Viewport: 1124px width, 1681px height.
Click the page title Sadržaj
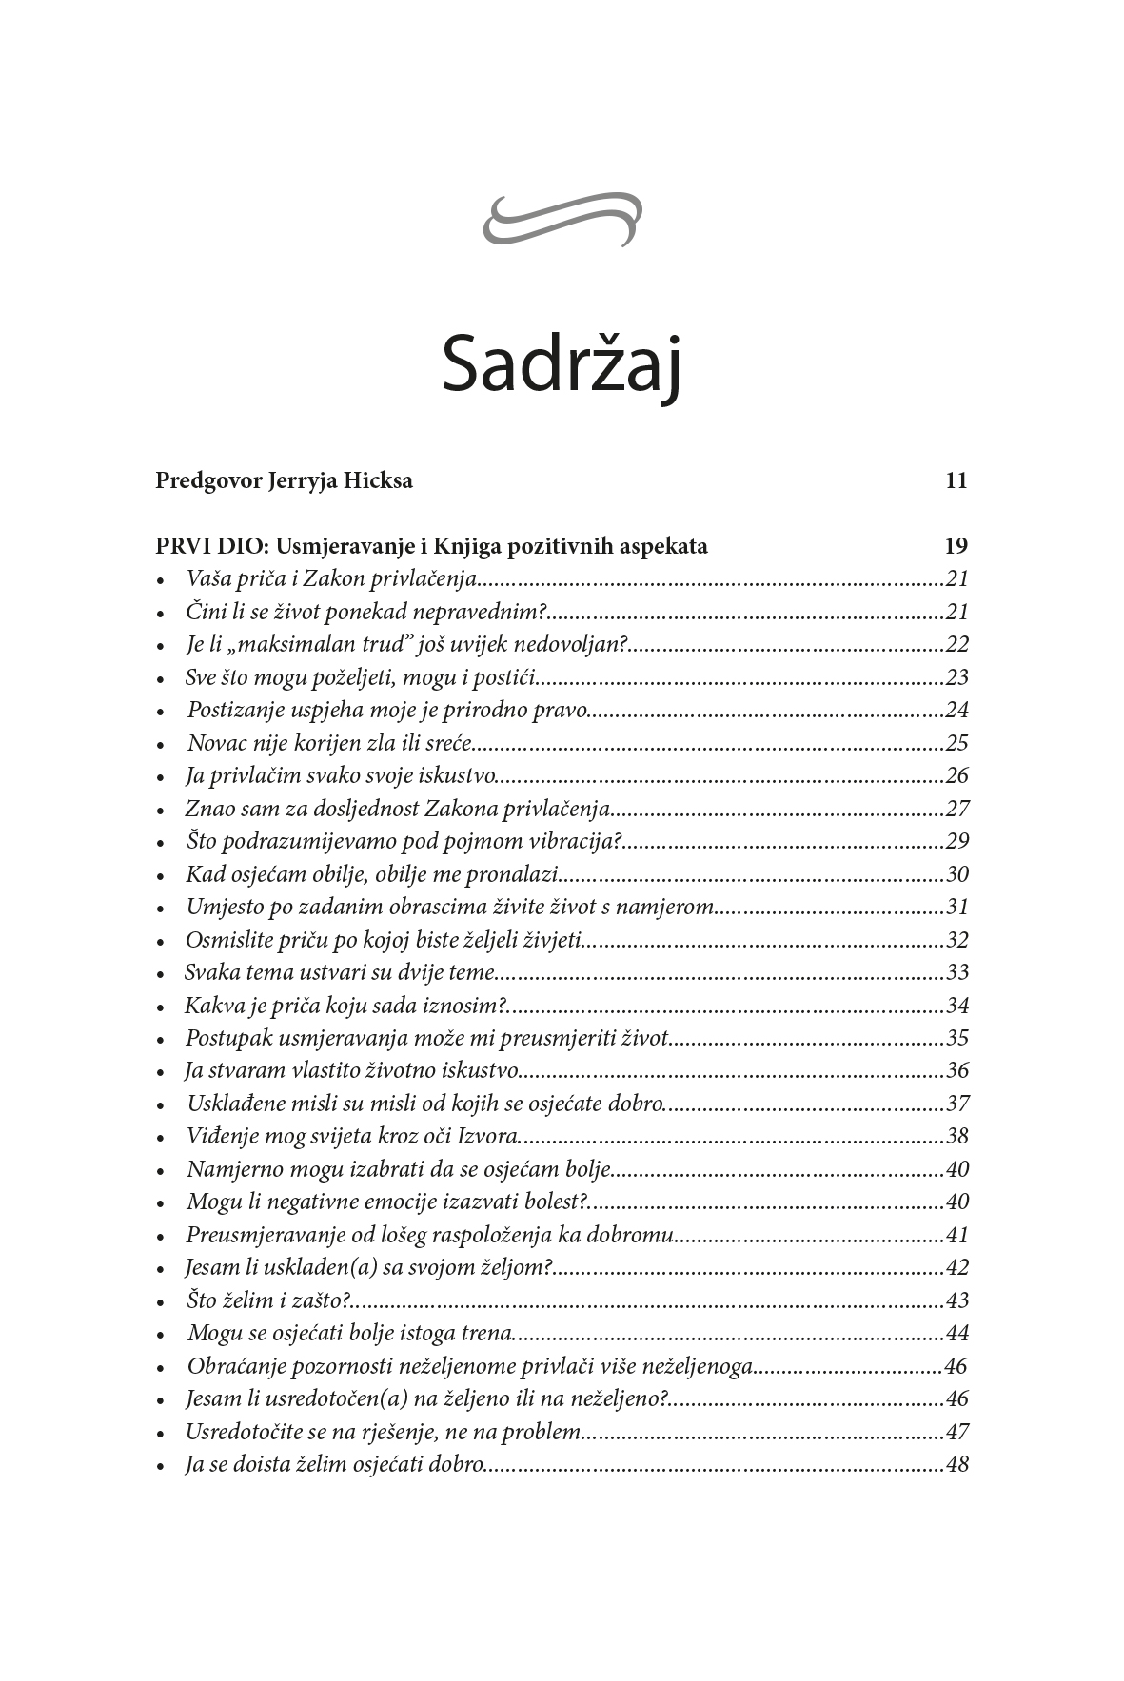pyautogui.click(x=562, y=365)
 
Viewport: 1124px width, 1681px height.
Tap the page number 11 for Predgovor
pyautogui.click(x=956, y=480)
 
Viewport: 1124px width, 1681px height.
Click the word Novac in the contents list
pyautogui.click(x=215, y=743)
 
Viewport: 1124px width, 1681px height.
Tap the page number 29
pyautogui.click(x=957, y=841)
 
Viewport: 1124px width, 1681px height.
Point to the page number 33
pyautogui.click(x=957, y=972)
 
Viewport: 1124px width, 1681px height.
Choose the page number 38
pyautogui.click(x=957, y=1136)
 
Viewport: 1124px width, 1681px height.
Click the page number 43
pyautogui.click(x=957, y=1300)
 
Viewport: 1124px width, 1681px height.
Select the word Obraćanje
pyautogui.click(x=231, y=1366)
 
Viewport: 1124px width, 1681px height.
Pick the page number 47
pyautogui.click(x=957, y=1432)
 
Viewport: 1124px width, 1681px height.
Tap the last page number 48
pyautogui.click(x=957, y=1464)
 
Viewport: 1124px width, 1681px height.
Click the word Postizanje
pyautogui.click(x=231, y=710)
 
